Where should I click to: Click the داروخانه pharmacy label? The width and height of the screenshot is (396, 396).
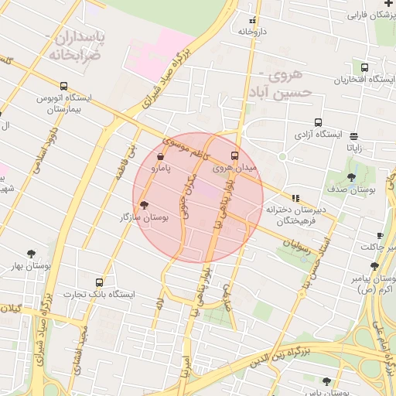click(x=253, y=32)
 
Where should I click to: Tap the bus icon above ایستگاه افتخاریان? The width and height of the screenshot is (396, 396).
click(x=386, y=67)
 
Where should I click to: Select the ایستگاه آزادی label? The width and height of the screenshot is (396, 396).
click(x=317, y=135)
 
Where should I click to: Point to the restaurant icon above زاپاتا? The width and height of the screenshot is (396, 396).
click(x=354, y=135)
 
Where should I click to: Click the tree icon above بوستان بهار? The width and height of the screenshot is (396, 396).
click(x=31, y=253)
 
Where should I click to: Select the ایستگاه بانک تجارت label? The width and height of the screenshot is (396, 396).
click(x=98, y=295)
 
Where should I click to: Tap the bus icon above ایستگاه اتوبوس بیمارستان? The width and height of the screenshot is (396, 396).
click(x=63, y=87)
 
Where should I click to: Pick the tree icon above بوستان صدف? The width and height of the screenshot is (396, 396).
click(x=352, y=177)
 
